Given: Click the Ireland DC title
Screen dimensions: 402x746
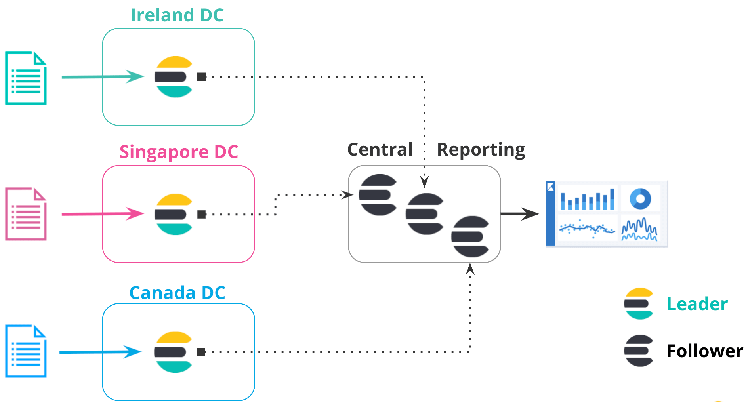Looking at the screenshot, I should click(177, 15).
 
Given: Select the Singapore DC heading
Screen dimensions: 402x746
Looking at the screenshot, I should click(179, 152).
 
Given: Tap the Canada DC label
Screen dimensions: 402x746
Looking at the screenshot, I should click(177, 293).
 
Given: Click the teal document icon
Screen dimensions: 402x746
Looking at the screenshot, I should click(26, 78).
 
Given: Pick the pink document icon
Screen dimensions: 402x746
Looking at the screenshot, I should click(26, 214).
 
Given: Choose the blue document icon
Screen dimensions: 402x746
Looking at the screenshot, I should click(26, 351).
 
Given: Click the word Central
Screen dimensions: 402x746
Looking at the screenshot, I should click(380, 150).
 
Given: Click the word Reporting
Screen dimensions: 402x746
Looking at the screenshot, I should click(481, 150).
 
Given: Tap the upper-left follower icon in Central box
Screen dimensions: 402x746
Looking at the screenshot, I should click(378, 195).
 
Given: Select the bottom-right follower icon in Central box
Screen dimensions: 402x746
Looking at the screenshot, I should click(471, 236).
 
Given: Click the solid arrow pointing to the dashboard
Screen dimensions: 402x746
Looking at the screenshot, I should click(520, 214).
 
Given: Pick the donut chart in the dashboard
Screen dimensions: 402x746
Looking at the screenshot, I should click(640, 198).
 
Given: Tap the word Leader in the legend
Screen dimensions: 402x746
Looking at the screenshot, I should click(697, 304).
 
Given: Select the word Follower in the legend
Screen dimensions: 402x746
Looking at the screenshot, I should click(704, 351).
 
